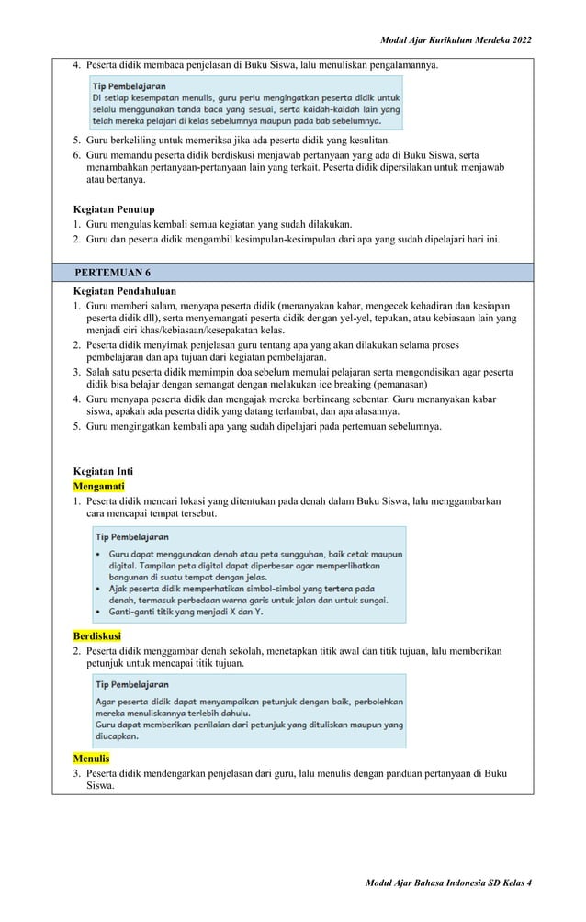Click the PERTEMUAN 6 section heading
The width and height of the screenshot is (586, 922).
[114, 274]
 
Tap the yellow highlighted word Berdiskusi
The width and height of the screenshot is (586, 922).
[99, 635]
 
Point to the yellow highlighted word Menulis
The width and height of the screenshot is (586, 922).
[91, 759]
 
